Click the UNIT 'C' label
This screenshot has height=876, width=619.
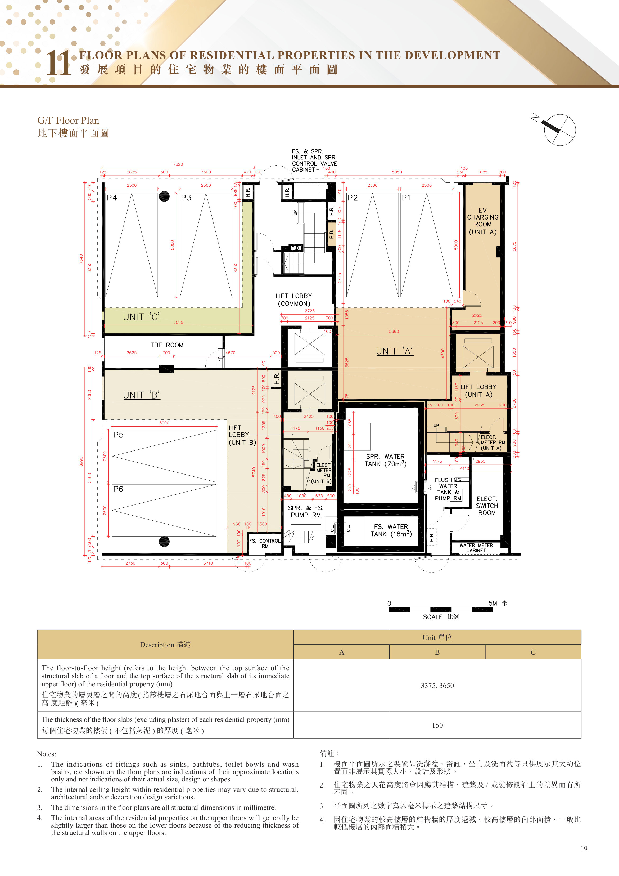point(142,317)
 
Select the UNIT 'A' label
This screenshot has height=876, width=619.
point(394,351)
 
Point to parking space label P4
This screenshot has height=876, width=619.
point(112,198)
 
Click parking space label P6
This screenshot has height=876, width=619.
point(118,489)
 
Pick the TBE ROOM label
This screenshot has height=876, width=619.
point(167,345)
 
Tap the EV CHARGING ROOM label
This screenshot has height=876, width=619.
point(482,221)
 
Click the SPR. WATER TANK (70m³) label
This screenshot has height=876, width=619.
point(385,460)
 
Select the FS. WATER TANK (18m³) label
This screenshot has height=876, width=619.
point(391,530)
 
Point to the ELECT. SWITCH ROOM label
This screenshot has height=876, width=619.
point(487,506)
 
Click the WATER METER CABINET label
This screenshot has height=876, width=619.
point(476,548)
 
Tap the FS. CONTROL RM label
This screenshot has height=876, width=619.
point(265,543)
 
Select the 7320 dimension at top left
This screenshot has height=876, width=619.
point(178,164)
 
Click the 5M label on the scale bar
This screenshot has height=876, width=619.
point(493,603)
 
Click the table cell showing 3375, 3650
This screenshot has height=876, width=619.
point(437,685)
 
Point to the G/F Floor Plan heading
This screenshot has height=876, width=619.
point(68,120)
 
